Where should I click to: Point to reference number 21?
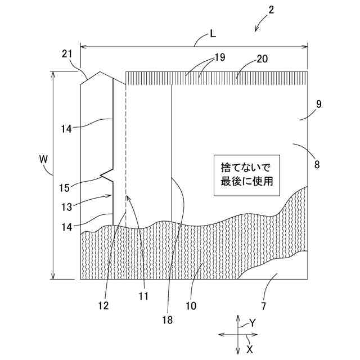[67, 53]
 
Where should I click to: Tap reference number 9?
[318, 105]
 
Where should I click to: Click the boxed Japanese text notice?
[247, 174]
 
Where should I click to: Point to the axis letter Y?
[253, 322]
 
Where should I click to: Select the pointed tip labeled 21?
[100, 73]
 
